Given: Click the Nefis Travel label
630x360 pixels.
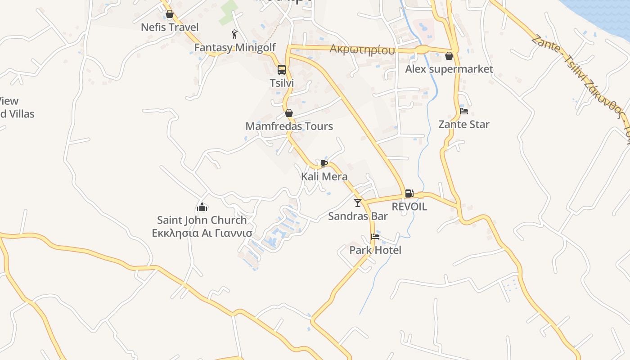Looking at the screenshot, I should (170, 27).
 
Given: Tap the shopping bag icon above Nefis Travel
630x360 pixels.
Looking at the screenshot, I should (170, 14).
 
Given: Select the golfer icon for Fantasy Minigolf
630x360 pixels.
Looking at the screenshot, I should (234, 34).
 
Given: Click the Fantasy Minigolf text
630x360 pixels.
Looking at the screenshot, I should (235, 47).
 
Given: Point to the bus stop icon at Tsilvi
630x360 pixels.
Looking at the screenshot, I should (282, 70).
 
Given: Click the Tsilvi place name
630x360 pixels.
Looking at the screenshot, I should (282, 83).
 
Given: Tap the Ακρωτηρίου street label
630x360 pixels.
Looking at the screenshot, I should (362, 49).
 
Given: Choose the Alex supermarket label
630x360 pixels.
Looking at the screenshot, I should (449, 69).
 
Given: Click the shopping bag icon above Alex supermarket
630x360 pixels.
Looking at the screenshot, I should (449, 56).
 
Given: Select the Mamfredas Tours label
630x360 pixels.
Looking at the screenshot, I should (289, 126).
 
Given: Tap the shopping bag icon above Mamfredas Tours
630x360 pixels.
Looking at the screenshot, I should (289, 113).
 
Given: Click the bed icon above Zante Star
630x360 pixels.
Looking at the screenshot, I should (464, 111).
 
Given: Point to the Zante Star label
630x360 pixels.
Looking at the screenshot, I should (464, 125).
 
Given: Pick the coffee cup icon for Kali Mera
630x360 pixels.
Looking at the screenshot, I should (324, 163).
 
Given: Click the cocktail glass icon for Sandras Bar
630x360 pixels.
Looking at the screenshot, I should (358, 203).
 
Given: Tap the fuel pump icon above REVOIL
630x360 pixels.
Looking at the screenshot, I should (409, 193).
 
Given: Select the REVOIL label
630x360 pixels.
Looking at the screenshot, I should (409, 207).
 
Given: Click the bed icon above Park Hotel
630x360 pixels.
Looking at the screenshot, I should (375, 237).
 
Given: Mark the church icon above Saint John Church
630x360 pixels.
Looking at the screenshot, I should (202, 207).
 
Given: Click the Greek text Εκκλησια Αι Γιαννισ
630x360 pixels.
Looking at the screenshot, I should (202, 233).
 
